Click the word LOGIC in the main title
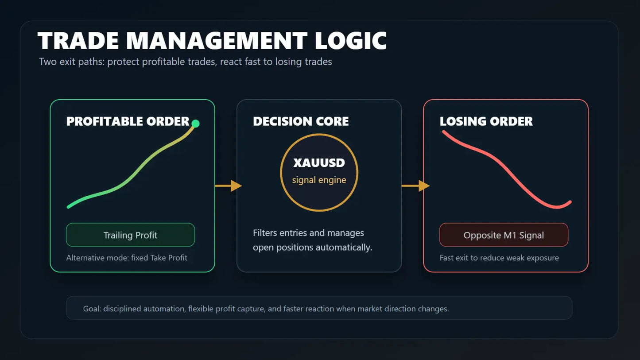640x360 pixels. pyautogui.click(x=351, y=41)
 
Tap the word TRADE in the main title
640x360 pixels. pyautogui.click(x=78, y=41)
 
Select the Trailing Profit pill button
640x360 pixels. pyautogui.click(x=130, y=235)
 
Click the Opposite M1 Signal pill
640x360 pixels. pyautogui.click(x=504, y=235)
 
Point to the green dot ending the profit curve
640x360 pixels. pyautogui.click(x=195, y=124)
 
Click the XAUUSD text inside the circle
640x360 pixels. pyautogui.click(x=319, y=163)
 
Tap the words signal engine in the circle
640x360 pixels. pyautogui.click(x=319, y=180)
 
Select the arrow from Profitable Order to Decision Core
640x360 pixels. pyautogui.click(x=229, y=186)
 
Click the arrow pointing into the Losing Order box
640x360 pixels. pyautogui.click(x=415, y=186)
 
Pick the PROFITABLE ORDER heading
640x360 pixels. pyautogui.click(x=128, y=121)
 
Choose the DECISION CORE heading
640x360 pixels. pyautogui.click(x=301, y=121)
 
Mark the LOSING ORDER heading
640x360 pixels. pyautogui.click(x=486, y=121)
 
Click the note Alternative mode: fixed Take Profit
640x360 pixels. pyautogui.click(x=127, y=258)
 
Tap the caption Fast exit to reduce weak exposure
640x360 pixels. pyautogui.click(x=499, y=258)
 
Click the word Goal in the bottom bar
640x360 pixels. pyautogui.click(x=92, y=309)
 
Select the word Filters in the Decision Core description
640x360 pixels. pyautogui.click(x=265, y=233)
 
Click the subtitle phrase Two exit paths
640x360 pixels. pyautogui.click(x=72, y=62)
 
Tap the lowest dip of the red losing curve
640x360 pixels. pyautogui.click(x=557, y=207)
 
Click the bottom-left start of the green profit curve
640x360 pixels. pyautogui.click(x=68, y=207)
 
